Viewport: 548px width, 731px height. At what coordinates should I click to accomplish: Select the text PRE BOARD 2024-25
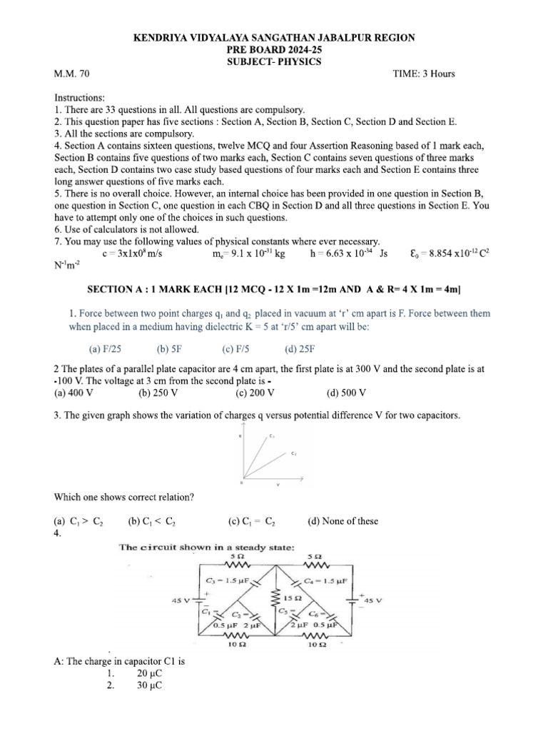pos(273,49)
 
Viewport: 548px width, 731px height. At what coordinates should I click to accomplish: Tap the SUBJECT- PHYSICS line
pos(273,61)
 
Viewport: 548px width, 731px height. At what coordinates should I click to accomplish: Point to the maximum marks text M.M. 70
pos(72,74)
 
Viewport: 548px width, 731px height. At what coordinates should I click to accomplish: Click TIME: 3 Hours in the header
pos(424,74)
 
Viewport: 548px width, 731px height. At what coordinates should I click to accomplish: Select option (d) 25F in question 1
pos(300,349)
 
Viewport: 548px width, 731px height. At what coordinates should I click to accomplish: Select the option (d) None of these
pos(342,521)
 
